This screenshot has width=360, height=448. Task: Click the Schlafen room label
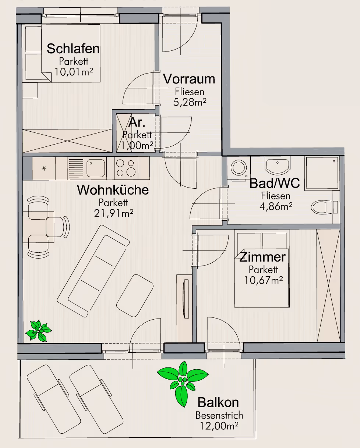[x=73, y=49]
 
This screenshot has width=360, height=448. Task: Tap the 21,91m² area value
[x=113, y=213]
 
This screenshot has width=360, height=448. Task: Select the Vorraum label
[x=189, y=79]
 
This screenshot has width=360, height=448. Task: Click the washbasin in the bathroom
[x=277, y=166]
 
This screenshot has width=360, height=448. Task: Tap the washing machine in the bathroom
[x=239, y=168]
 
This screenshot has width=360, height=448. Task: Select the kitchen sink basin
[x=96, y=168]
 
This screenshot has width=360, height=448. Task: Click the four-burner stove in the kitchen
[x=126, y=168]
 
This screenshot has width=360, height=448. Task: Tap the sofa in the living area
[x=93, y=271]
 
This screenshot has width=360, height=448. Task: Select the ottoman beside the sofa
[x=135, y=296]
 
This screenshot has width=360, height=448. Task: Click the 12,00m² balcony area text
[x=219, y=426]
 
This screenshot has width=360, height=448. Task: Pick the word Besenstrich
[x=219, y=415]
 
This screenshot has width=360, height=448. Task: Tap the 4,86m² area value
[x=276, y=206]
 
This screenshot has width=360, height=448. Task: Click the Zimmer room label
[x=262, y=257]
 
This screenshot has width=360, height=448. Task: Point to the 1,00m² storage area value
[x=137, y=145]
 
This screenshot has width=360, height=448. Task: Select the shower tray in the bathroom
[x=322, y=173]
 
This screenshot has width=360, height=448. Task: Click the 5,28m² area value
[x=190, y=102]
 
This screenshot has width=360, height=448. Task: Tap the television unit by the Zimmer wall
[x=184, y=308]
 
